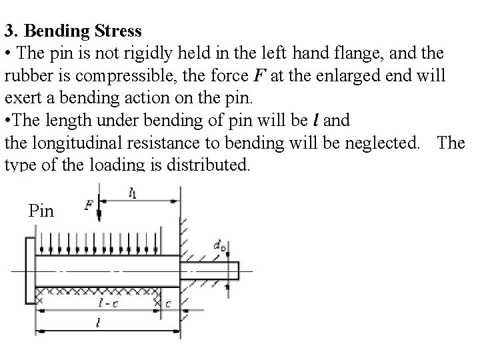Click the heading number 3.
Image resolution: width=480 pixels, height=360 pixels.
pyautogui.click(x=9, y=31)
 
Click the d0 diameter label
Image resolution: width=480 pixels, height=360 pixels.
pyautogui.click(x=219, y=245)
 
